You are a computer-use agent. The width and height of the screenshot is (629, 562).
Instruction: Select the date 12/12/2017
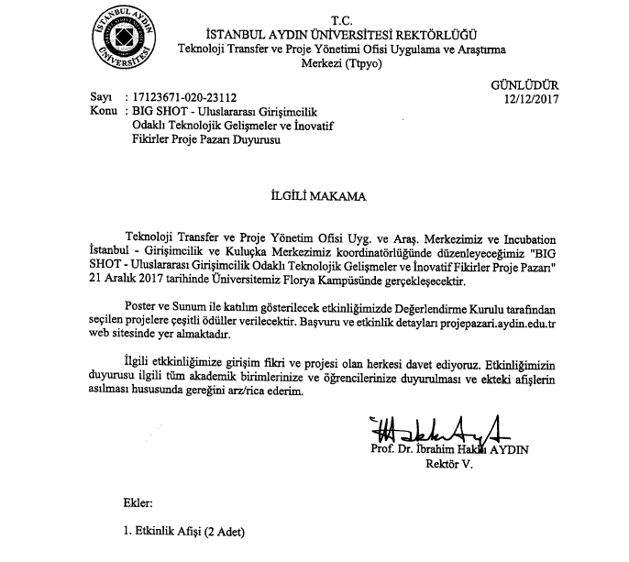[530, 99]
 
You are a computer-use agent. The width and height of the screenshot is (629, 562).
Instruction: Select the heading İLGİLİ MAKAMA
[307, 195]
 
